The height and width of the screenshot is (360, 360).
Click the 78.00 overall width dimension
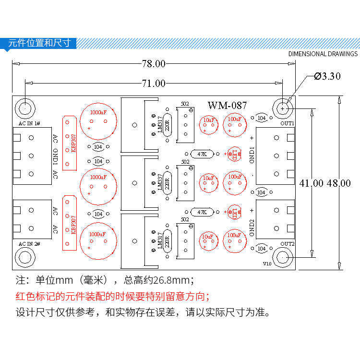coord(153,63)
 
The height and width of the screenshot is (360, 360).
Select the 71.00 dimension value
coord(153,83)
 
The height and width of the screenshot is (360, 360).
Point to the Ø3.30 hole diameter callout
coord(327,76)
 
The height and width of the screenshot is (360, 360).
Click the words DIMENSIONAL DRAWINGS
coord(323,54)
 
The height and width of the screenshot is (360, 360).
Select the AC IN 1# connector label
coord(29,123)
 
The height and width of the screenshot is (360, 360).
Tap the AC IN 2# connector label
coord(29,244)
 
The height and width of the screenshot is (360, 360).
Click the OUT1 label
coord(288,123)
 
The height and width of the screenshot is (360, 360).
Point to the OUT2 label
coord(288,244)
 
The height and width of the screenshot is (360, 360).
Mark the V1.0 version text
coord(267,264)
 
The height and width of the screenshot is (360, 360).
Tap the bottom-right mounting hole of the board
coord(283,258)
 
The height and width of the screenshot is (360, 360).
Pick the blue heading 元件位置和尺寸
coord(39,43)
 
